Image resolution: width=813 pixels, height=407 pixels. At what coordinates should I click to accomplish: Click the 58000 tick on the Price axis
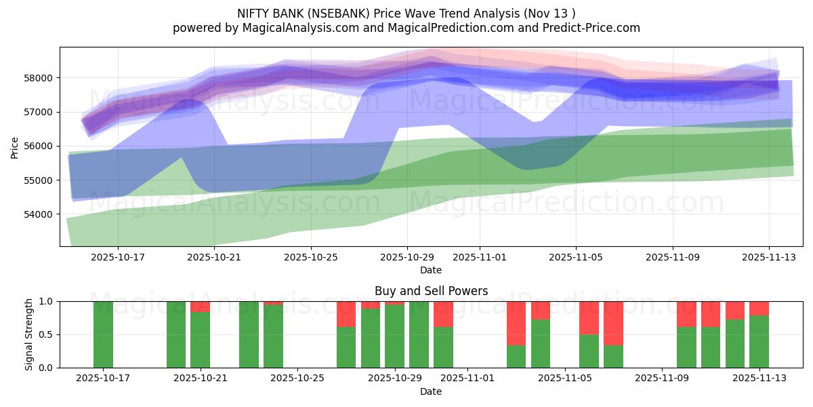[x=39, y=78]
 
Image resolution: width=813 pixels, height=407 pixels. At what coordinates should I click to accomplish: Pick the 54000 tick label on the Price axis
[x=39, y=214]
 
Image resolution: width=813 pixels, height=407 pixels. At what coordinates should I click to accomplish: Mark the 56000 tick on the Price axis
[x=39, y=147]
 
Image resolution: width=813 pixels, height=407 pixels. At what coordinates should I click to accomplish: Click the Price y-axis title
[x=15, y=147]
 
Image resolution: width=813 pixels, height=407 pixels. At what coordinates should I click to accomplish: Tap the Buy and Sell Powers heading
[x=431, y=291]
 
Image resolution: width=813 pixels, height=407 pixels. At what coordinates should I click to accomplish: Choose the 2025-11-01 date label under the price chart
[x=480, y=258]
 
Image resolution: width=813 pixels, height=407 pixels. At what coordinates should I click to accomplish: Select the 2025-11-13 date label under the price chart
[x=769, y=258]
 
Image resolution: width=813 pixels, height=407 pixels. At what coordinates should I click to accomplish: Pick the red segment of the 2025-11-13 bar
[x=759, y=308]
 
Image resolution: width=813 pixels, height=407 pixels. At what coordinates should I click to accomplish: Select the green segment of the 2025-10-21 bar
[x=200, y=340]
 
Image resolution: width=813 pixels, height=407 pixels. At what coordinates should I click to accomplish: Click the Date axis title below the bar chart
[x=431, y=392]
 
